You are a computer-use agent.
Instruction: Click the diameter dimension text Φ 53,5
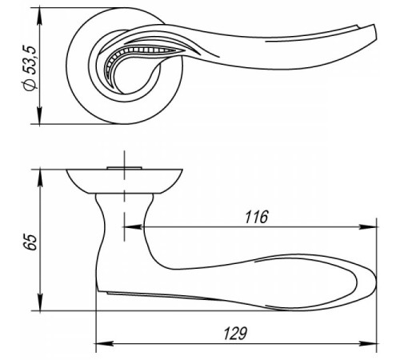pyautogui.click(x=29, y=68)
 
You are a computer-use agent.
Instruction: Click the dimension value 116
pyautogui.click(x=256, y=217)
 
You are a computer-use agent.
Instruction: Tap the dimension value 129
pyautogui.click(x=235, y=334)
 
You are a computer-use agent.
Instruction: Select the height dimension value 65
pyautogui.click(x=29, y=242)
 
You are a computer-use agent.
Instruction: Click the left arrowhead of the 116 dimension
pyautogui.click(x=132, y=227)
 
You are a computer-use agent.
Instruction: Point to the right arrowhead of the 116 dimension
pyautogui.click(x=368, y=227)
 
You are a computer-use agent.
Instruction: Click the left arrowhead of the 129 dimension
pyautogui.click(x=105, y=343)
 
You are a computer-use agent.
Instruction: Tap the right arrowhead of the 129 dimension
pyautogui.click(x=368, y=343)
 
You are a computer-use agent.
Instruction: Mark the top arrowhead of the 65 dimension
pyautogui.click(x=40, y=179)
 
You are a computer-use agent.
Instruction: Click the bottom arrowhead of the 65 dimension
pyautogui.click(x=40, y=302)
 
